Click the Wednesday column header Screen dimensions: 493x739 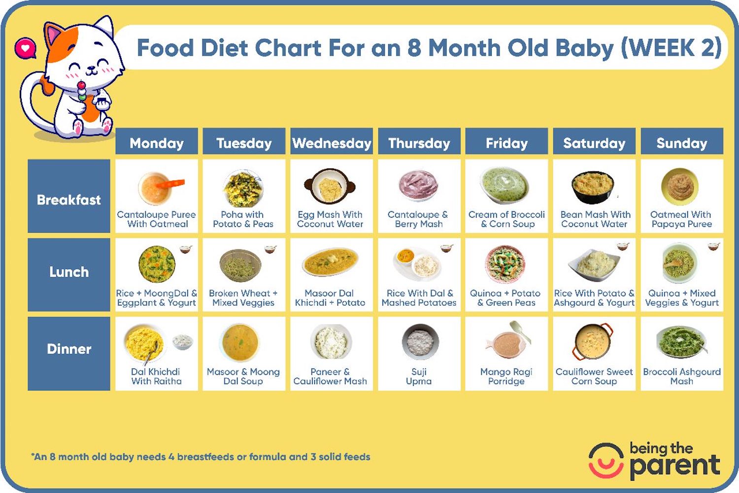point(332,143)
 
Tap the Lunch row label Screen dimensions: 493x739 point(69,272)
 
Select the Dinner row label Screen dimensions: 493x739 point(69,349)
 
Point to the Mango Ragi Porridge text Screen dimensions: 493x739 point(506,376)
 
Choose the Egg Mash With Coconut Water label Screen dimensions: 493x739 point(330,219)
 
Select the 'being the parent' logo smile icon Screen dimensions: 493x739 point(606,460)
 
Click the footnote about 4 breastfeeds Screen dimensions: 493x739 point(201,457)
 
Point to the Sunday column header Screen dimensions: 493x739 point(682,143)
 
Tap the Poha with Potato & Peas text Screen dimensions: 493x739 point(243,219)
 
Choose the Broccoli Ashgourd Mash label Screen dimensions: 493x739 point(682,376)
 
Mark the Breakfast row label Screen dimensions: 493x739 point(69,200)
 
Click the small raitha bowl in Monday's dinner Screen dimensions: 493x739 point(182,341)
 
